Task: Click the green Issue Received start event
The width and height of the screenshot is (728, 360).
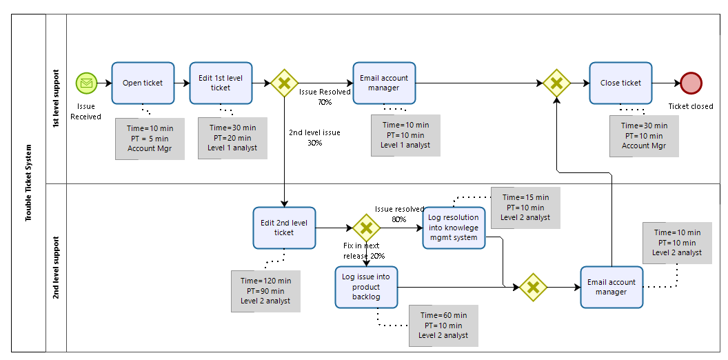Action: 86,83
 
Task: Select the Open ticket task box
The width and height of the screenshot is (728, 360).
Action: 143,83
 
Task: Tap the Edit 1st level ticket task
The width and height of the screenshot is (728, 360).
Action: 221,83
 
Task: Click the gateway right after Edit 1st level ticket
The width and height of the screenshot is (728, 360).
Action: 284,83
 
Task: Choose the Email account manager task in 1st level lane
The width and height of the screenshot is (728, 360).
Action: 384,83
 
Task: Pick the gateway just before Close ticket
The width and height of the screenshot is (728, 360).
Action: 556,83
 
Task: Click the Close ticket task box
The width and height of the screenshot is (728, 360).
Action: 620,83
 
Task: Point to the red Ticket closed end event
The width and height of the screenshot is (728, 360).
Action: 690,83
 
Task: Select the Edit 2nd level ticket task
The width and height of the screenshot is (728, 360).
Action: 284,228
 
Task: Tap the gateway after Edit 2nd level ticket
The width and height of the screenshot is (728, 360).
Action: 366,228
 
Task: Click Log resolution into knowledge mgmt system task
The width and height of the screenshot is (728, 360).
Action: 453,228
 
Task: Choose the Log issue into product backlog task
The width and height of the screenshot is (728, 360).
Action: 366,287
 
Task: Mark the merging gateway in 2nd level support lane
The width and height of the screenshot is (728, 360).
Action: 532,287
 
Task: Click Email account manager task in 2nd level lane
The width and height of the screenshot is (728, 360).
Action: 611,287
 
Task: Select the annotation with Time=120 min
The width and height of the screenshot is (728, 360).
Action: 265,291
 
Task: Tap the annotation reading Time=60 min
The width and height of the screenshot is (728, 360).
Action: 443,326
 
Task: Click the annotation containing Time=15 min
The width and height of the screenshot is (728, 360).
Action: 525,208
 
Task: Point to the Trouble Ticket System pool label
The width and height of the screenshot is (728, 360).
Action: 28,183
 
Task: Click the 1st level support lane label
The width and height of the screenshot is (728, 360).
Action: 55,98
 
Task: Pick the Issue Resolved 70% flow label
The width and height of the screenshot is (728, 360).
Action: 325,97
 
